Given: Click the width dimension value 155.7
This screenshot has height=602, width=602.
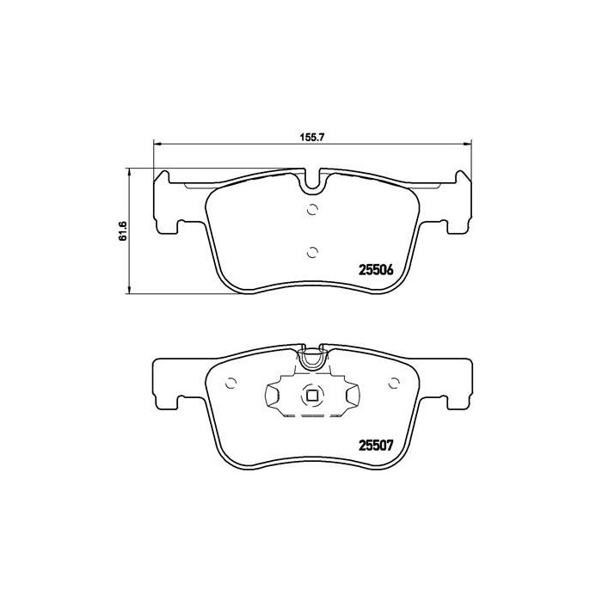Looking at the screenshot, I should coord(311,134).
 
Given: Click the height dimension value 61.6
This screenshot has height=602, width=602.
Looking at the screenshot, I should coord(122,230).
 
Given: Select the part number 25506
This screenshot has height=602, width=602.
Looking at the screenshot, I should coord(375,269).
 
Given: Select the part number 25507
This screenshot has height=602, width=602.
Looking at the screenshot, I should coord(375,445).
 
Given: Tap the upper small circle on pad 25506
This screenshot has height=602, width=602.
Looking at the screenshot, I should coord(312,209).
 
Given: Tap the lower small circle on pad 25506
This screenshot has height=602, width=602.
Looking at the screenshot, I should coord(312,251).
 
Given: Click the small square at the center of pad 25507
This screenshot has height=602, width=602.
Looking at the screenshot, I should coord(312,396).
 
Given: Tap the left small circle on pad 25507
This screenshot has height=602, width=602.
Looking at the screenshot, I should coord(230,384).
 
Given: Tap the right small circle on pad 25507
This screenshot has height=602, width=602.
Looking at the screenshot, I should coord(394,384).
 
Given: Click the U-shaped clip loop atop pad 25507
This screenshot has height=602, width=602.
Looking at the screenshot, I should coord(312,357).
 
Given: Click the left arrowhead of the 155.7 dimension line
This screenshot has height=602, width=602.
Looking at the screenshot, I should coord(157,142).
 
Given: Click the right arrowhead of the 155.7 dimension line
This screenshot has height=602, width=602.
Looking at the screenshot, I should coord(467,142).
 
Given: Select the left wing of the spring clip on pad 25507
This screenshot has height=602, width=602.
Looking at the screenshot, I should coord(273,397).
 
